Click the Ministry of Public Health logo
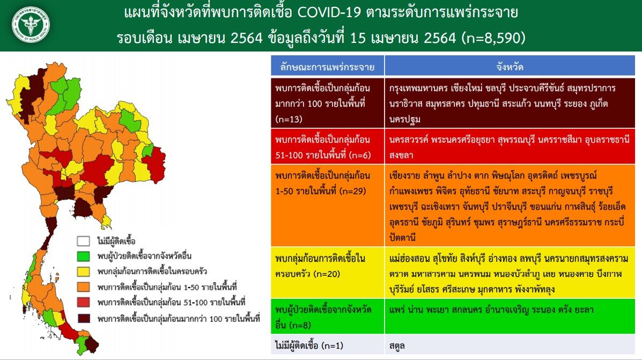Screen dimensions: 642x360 tap(30, 25)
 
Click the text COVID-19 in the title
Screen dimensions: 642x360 tap(329, 12)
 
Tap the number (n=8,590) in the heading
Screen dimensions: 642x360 tap(494, 38)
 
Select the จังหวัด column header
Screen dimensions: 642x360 tap(510, 67)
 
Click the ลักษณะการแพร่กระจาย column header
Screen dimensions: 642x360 tap(327, 67)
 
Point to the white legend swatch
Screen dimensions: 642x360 tap(83, 240)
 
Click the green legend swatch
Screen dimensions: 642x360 tap(83, 256)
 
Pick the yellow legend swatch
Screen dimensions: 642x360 tap(83, 271)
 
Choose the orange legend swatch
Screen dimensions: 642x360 tap(83, 286)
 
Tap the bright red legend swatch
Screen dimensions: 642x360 tap(83, 302)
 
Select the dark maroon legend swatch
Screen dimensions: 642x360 tap(83, 318)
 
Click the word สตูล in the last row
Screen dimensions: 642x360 tap(397, 346)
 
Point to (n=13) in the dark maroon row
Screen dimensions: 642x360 tap(289, 119)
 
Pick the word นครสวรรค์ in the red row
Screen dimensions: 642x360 tap(408, 139)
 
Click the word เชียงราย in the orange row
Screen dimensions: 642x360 tap(404, 175)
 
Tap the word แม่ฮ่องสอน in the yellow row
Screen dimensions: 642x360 tap(409, 259)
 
